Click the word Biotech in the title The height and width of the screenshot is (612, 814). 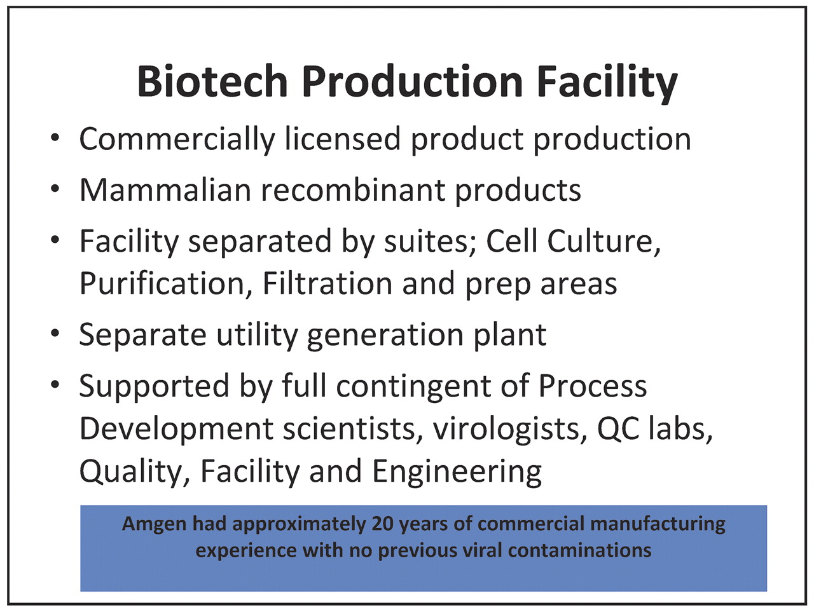point(212,81)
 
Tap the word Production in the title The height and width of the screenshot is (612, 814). point(412,81)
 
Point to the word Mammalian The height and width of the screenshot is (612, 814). point(165,190)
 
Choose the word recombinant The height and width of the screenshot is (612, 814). point(353,190)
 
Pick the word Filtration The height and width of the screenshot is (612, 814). point(328,284)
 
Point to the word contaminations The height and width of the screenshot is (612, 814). point(579,550)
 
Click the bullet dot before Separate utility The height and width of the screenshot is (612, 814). point(55,333)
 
